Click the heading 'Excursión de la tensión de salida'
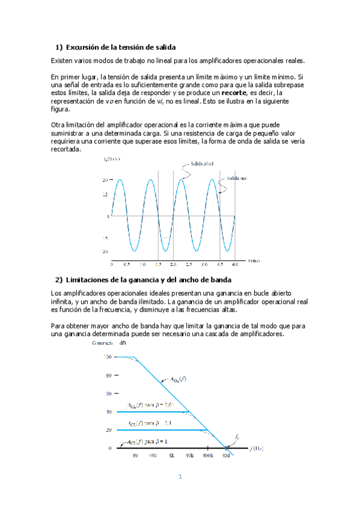[x=120, y=47]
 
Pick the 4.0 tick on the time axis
[x=234, y=265]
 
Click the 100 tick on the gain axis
[x=106, y=357]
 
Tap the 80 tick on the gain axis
[x=109, y=375]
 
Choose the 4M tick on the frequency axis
[x=226, y=456]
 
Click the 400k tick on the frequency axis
[x=207, y=456]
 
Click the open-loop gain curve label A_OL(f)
[x=179, y=379]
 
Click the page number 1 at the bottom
[x=179, y=477]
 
